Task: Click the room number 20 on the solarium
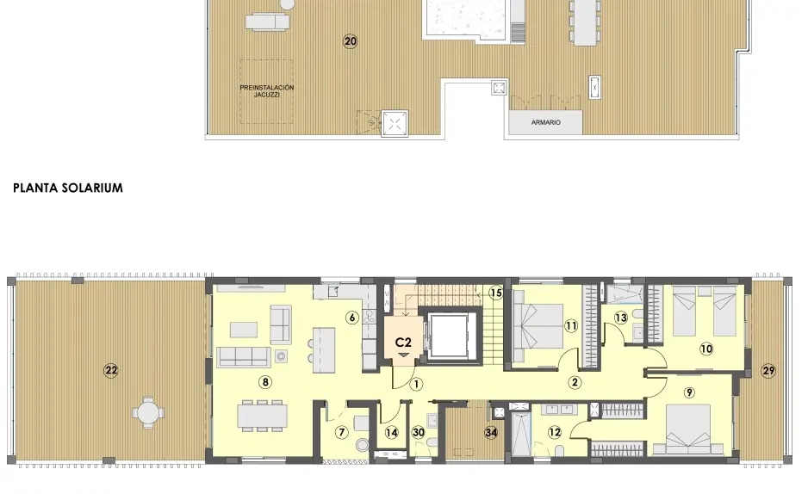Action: point(350,40)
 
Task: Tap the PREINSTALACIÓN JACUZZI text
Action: point(267,91)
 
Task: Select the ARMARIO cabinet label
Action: point(546,123)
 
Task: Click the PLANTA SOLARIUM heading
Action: point(68,188)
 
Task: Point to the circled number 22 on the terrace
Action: point(111,371)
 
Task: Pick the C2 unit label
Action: point(403,343)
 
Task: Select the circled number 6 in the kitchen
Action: point(351,317)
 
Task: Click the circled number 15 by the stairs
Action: point(495,293)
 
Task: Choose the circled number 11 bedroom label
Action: point(570,325)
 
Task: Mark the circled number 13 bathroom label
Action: point(621,318)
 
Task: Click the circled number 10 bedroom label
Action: point(706,349)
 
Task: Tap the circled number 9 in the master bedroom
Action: point(688,392)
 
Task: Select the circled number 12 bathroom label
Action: point(554,432)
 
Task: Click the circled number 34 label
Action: point(491,432)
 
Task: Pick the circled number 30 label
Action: point(418,432)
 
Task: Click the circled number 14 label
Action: point(391,432)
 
